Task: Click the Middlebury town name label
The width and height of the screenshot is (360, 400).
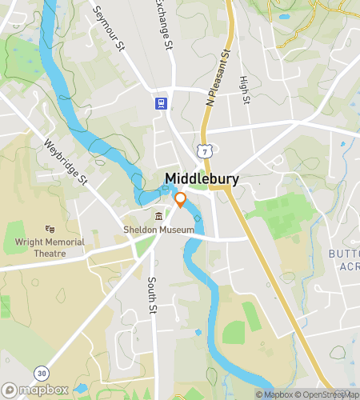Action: [202, 178]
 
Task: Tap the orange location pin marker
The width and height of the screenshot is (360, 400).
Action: [181, 200]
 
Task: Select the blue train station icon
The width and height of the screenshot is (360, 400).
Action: [161, 102]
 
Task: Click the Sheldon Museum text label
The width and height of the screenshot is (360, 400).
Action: [159, 230]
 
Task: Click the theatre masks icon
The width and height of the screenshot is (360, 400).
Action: [50, 230]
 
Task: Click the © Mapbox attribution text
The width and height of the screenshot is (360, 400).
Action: [275, 394]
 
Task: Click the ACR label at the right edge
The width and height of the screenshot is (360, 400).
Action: [348, 266]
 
